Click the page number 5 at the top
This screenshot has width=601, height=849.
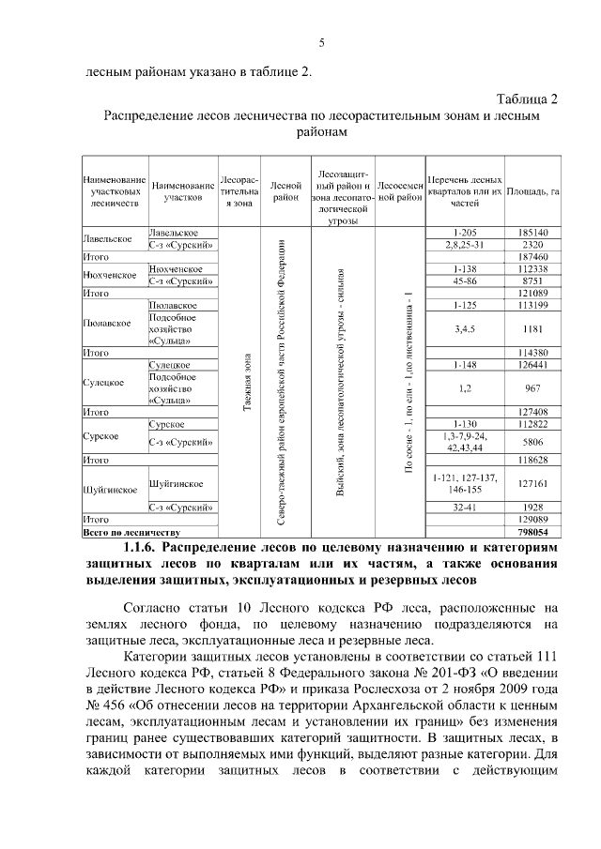321,43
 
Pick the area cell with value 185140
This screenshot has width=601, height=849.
532,232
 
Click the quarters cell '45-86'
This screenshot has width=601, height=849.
465,280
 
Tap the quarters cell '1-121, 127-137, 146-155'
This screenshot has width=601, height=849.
465,483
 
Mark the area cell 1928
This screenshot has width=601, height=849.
532,507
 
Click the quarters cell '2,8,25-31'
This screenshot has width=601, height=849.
465,244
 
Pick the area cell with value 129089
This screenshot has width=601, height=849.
532,519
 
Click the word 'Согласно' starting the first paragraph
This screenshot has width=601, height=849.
154,607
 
